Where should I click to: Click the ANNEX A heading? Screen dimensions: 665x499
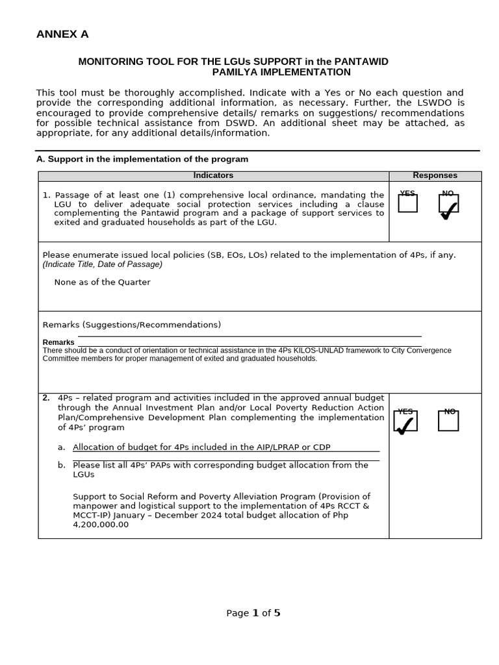[62, 34]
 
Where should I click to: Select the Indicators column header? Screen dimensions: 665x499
[213, 176]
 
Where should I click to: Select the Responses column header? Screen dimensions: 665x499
[435, 176]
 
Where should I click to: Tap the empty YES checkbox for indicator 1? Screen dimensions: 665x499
[407, 204]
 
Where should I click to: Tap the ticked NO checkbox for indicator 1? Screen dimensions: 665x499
[448, 204]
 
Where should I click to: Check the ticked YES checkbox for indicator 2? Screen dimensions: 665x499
[405, 421]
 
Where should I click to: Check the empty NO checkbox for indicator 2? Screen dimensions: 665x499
[448, 421]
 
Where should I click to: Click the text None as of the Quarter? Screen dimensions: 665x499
[102, 282]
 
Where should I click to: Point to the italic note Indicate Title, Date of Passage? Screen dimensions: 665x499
[103, 264]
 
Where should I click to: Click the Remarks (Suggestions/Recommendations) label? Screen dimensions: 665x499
[131, 325]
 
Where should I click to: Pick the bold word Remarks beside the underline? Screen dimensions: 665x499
[58, 342]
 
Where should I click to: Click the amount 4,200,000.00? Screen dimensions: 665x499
[101, 525]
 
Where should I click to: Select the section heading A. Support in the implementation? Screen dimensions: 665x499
[142, 159]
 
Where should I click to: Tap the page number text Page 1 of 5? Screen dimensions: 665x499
[253, 613]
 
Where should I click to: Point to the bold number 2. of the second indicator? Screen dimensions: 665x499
[46, 398]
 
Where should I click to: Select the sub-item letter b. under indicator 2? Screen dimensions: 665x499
[62, 465]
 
